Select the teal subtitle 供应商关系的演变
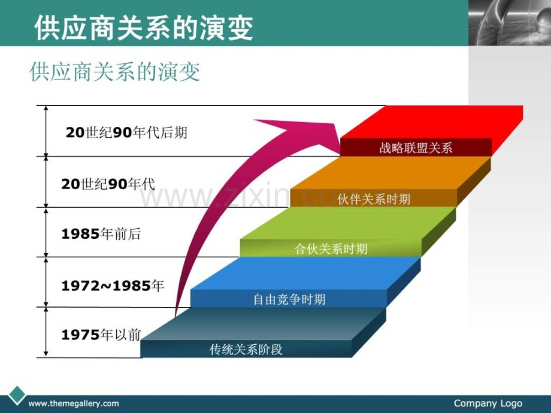pyautogui.click(x=115, y=72)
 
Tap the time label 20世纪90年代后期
pyautogui.click(x=126, y=133)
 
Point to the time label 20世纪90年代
pyautogui.click(x=108, y=184)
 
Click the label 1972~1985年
pyautogui.click(x=113, y=286)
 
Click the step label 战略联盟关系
pyautogui.click(x=416, y=148)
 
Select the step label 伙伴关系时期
pyautogui.click(x=374, y=199)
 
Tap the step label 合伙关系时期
pyautogui.click(x=331, y=249)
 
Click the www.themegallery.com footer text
pyautogui.click(x=74, y=404)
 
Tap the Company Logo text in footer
pyautogui.click(x=488, y=403)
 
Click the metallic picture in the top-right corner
pyautogui.click(x=509, y=22)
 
